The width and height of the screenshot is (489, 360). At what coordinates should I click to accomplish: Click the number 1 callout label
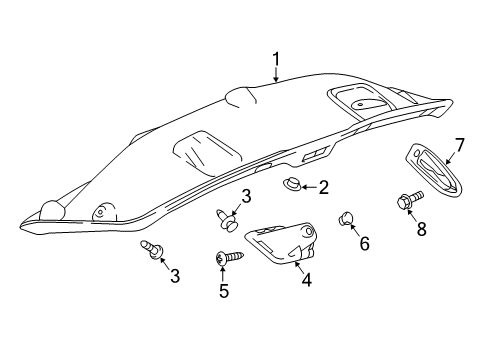(x=276, y=59)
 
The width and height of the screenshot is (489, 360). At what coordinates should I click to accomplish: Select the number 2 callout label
(x=323, y=187)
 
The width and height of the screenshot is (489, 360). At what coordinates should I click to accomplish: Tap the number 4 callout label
(x=306, y=280)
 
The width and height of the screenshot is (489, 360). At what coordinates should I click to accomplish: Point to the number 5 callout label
(x=224, y=291)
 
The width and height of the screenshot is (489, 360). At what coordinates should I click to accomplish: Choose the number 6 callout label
(x=364, y=243)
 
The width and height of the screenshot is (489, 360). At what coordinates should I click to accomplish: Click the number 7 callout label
(x=459, y=145)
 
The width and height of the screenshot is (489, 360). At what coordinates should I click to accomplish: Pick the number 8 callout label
(x=422, y=229)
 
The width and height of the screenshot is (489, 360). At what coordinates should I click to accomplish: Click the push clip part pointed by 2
(x=292, y=184)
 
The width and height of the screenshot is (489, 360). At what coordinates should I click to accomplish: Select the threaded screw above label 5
(x=230, y=257)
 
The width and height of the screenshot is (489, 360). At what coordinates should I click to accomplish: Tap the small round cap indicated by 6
(x=346, y=218)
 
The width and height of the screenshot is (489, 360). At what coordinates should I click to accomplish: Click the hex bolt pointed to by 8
(x=409, y=200)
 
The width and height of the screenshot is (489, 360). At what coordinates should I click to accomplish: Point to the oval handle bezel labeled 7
(x=435, y=171)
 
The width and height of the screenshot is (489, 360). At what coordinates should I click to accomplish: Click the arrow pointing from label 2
(x=309, y=188)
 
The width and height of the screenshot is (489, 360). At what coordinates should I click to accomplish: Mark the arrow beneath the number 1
(x=276, y=74)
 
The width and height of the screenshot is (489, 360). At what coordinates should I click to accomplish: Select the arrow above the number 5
(x=222, y=273)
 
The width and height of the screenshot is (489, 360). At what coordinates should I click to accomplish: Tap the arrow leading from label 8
(x=412, y=214)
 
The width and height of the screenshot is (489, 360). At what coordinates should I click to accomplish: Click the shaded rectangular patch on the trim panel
(x=208, y=153)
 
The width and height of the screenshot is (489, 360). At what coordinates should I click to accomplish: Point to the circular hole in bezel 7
(x=416, y=153)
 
